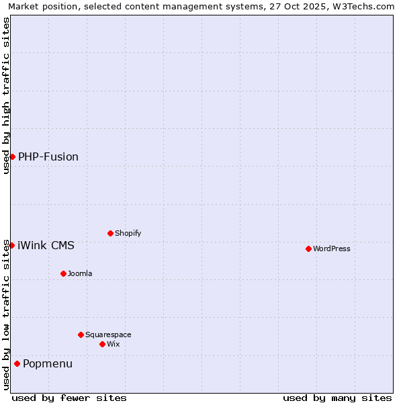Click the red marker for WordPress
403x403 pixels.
tap(308, 249)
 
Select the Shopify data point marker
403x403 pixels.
tap(110, 233)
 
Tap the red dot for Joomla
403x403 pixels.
tap(63, 273)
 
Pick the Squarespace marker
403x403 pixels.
tap(81, 334)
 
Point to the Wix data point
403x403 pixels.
tap(102, 344)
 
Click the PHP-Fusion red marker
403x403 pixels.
tap(12, 156)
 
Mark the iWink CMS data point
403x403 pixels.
tap(11, 245)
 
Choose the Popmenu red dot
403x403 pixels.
tap(17, 363)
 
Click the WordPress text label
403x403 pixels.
tap(332, 249)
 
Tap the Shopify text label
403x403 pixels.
tap(128, 233)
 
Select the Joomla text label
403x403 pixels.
tap(80, 273)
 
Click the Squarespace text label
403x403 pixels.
tap(108, 334)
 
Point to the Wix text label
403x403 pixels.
tap(113, 344)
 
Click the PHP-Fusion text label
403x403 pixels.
tap(48, 156)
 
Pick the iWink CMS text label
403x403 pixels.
tap(46, 245)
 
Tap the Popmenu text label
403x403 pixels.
tap(48, 363)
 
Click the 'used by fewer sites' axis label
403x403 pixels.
tap(69, 398)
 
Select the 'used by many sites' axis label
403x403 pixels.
tap(337, 398)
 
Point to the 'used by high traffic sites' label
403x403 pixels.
tap(7, 95)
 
